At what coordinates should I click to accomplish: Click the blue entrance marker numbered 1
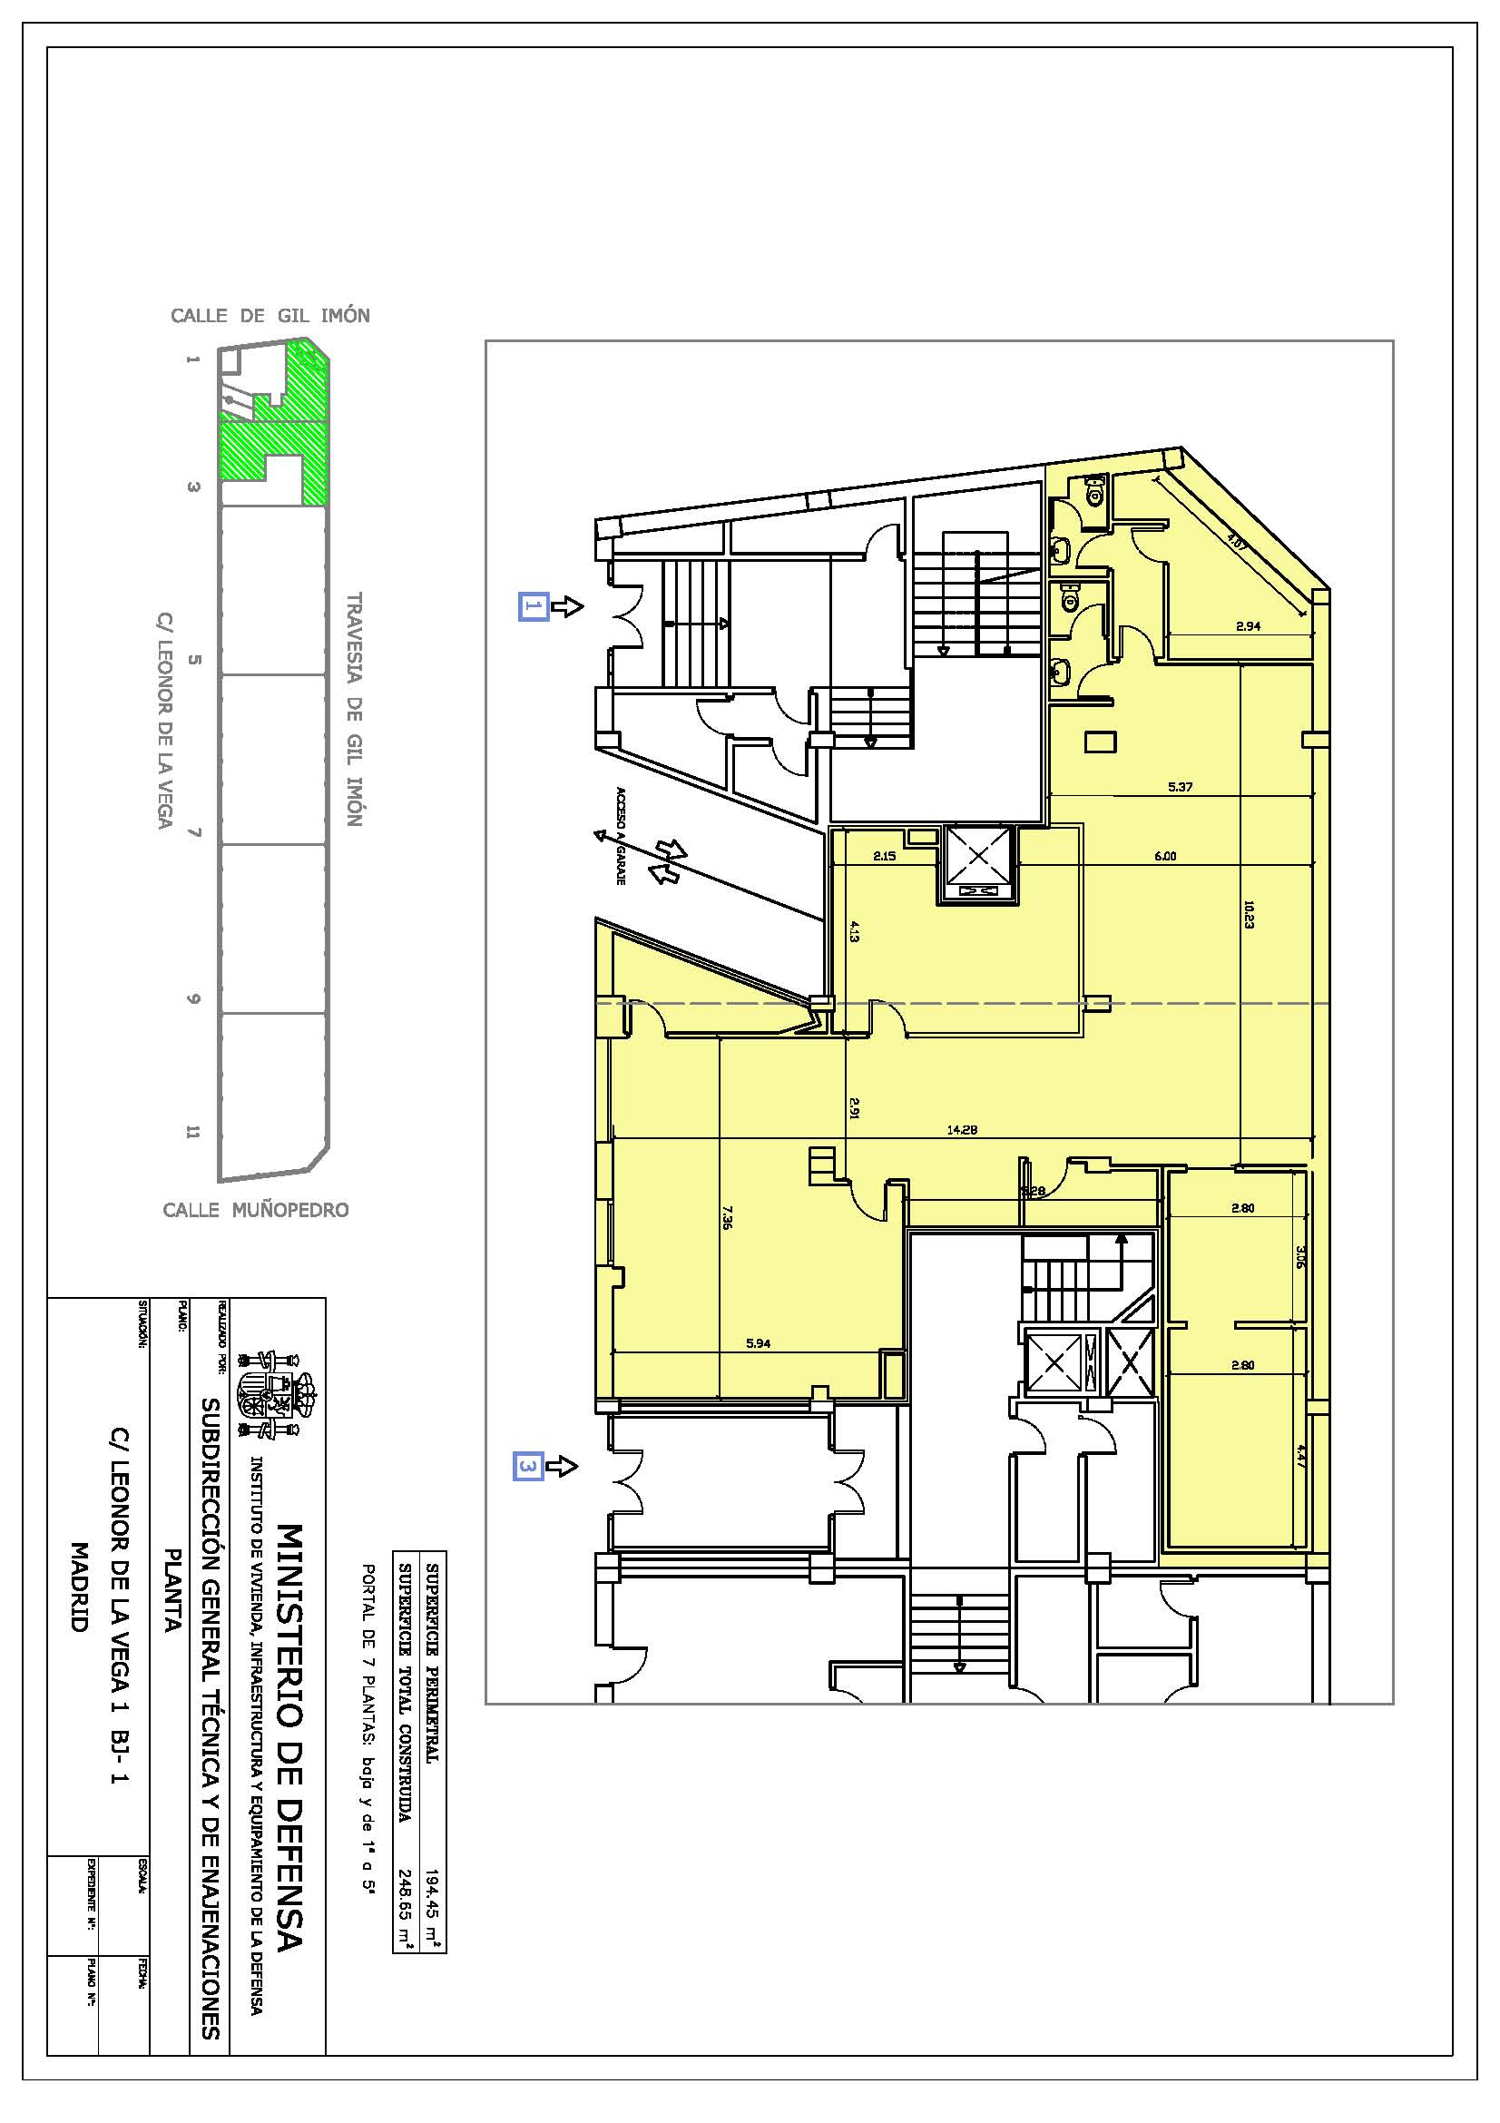click(534, 606)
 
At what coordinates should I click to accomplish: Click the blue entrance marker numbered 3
click(528, 1466)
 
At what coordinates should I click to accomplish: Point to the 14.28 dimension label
click(961, 1129)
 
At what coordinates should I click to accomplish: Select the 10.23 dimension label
click(1249, 915)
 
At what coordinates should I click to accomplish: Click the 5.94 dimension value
click(758, 1343)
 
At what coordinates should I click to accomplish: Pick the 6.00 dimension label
click(1164, 856)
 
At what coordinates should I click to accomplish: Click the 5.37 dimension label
click(1181, 788)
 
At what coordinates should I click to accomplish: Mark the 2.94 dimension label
click(1248, 626)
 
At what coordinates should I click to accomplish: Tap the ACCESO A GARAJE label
click(622, 836)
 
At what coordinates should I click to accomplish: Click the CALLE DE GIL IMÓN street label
click(270, 315)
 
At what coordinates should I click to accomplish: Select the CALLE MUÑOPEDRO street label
click(256, 1209)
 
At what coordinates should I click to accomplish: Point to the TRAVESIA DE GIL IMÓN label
click(354, 709)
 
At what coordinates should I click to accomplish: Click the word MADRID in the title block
click(80, 1586)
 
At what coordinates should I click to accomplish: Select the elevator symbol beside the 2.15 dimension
click(979, 867)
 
